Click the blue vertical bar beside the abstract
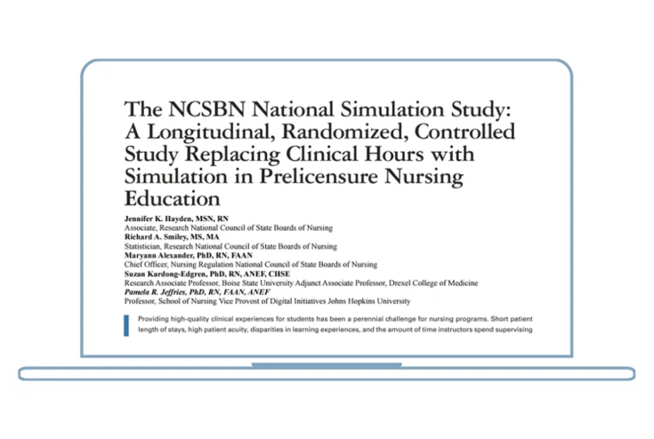(126, 324)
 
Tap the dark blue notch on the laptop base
(326, 364)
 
